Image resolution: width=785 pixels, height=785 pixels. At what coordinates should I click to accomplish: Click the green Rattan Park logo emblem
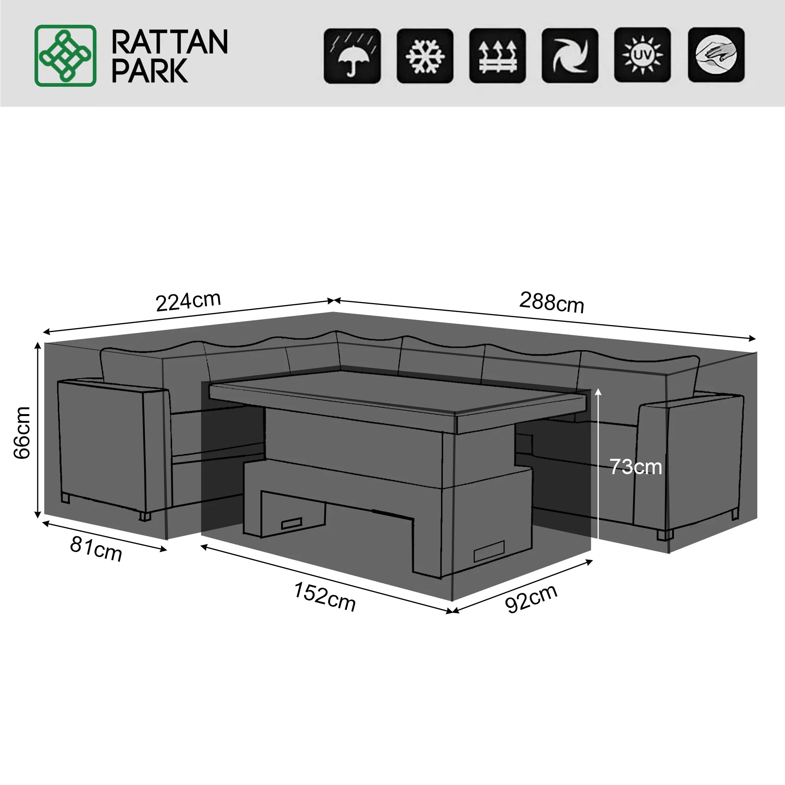click(66, 56)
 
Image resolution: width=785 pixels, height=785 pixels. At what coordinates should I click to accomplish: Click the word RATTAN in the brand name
click(170, 42)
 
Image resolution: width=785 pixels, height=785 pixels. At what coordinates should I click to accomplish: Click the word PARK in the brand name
click(150, 71)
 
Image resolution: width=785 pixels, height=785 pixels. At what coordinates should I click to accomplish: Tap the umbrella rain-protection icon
click(352, 56)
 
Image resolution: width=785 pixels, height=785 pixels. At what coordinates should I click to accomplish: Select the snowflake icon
click(425, 56)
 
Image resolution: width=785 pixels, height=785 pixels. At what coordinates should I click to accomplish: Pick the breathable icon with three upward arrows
click(498, 56)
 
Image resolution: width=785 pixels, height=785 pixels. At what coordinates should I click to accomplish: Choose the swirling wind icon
click(570, 56)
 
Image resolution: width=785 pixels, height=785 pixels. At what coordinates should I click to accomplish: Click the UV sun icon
click(643, 55)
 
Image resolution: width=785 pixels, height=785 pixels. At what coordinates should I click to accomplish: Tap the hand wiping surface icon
click(716, 55)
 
